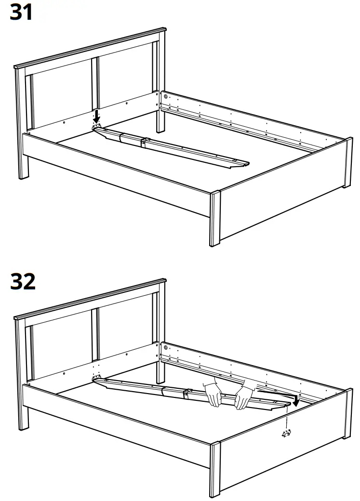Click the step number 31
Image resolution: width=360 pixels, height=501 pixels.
click(22, 12)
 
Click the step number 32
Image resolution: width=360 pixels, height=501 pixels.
click(23, 282)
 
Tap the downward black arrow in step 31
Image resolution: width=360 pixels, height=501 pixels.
click(97, 116)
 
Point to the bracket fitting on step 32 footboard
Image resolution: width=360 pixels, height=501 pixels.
click(287, 434)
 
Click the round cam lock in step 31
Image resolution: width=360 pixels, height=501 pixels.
click(166, 96)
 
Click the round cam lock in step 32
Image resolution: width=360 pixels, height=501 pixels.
click(166, 347)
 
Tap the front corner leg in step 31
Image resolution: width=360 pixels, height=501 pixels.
click(214, 219)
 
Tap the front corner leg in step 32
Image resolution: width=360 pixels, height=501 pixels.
click(214, 470)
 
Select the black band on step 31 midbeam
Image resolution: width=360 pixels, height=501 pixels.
click(143, 143)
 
